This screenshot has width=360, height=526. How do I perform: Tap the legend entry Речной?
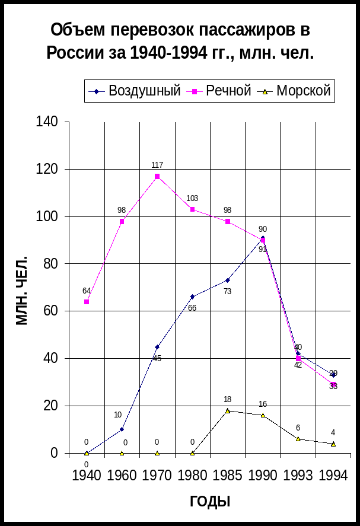pyautogui.click(x=228, y=91)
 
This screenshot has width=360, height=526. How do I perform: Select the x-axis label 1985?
pyautogui.click(x=228, y=476)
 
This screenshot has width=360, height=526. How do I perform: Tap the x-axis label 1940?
pyautogui.click(x=87, y=476)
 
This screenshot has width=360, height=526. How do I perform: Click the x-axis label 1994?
pyautogui.click(x=333, y=476)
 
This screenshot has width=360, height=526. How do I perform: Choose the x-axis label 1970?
pyautogui.click(x=157, y=476)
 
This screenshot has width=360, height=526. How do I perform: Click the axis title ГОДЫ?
pyautogui.click(x=210, y=502)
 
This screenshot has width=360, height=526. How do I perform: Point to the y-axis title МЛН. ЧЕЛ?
pyautogui.click(x=22, y=291)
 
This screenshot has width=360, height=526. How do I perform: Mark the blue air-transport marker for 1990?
pyautogui.click(x=263, y=237)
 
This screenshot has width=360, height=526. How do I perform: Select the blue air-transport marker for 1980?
pyautogui.click(x=192, y=297)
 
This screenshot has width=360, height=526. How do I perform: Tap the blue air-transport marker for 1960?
pyautogui.click(x=122, y=429)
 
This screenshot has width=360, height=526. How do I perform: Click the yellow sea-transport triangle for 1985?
pyautogui.click(x=228, y=410)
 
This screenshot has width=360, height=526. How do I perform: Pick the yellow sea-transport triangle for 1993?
pyautogui.click(x=298, y=439)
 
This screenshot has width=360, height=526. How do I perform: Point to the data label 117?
pyautogui.click(x=157, y=165)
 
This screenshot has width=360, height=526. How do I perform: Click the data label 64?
pyautogui.click(x=87, y=291)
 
